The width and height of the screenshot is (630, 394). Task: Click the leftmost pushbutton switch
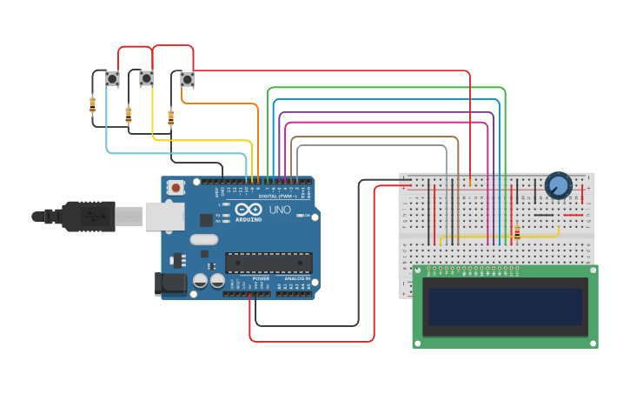[x=112, y=78]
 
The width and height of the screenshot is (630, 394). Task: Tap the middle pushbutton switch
[x=146, y=78]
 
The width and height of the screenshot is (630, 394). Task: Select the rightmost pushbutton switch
[x=187, y=79]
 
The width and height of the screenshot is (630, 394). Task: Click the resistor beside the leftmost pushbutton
[x=92, y=105]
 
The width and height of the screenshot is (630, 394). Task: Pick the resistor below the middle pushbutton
[x=129, y=114]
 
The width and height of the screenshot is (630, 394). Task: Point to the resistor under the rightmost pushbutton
[x=170, y=117]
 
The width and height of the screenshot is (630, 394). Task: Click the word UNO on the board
[x=280, y=210]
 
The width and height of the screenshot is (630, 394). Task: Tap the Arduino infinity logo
[x=248, y=210]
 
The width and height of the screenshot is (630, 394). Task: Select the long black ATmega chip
[x=269, y=262]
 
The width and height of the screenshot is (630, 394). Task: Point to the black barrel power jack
[x=169, y=283]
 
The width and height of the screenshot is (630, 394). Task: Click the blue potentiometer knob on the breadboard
[x=558, y=184]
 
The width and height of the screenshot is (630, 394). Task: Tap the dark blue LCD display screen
[x=504, y=307]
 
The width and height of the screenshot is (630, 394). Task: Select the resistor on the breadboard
[x=517, y=232]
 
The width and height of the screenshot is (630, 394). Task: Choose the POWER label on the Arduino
[x=261, y=278]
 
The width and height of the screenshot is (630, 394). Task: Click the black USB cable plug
[x=87, y=216]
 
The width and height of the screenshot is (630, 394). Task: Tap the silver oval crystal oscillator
[x=203, y=239]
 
